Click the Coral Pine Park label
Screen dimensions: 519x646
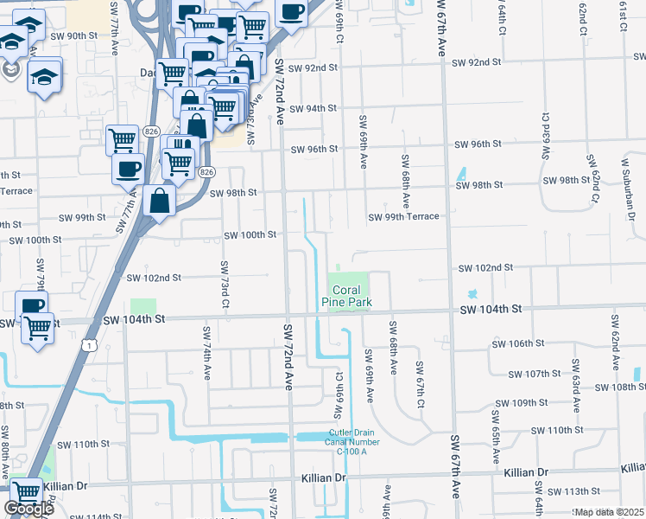tap(345, 295)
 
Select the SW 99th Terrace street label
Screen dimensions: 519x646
tap(403, 216)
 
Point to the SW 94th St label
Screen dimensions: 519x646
tap(313, 109)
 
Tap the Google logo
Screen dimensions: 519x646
tap(28, 509)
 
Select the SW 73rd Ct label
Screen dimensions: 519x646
tap(224, 285)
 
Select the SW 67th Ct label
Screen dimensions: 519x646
tap(420, 386)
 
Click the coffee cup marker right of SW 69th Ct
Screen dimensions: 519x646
tap(291, 12)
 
